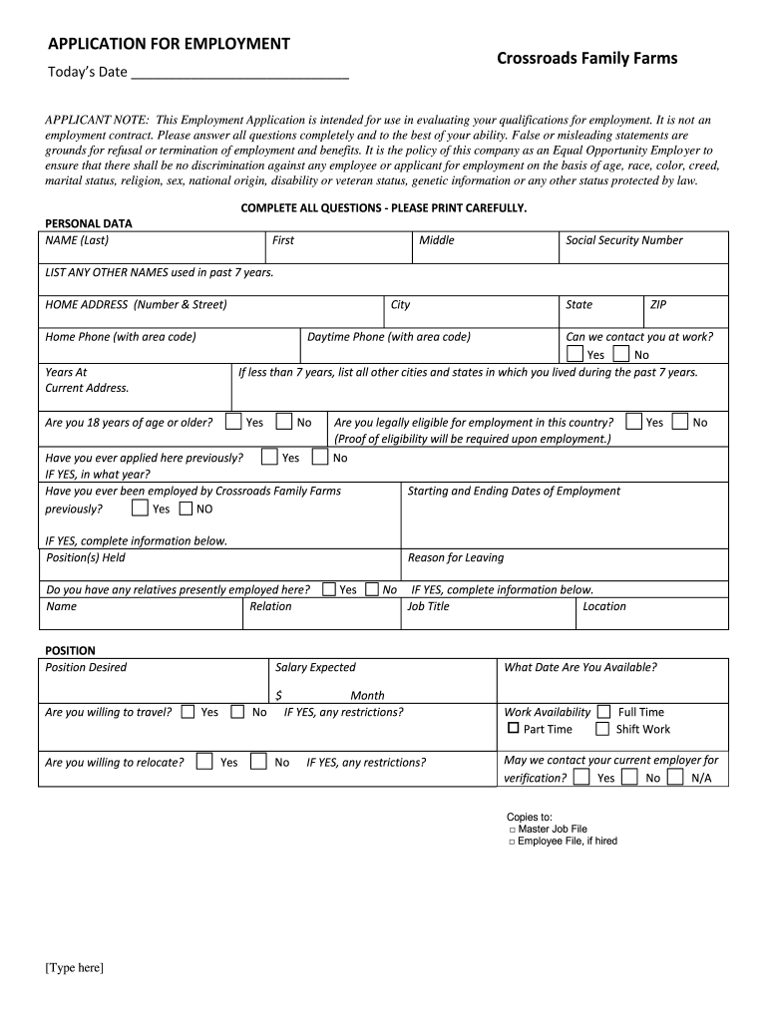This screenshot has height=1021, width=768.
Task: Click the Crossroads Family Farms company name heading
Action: [x=586, y=59]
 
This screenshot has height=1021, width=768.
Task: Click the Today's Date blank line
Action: [x=239, y=73]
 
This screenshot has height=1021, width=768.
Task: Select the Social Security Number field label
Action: [x=623, y=240]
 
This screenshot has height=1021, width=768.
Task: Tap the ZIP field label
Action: [x=658, y=305]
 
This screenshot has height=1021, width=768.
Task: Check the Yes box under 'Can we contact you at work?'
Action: [x=575, y=354]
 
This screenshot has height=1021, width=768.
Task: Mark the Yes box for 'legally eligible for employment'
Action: [x=633, y=422]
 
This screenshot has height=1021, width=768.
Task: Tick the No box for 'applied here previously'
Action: [x=319, y=458]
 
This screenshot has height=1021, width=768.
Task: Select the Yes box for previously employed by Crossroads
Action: [x=140, y=509]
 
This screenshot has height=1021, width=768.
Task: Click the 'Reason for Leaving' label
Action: [x=456, y=558]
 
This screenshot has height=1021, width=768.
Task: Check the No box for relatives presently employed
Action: [x=372, y=589]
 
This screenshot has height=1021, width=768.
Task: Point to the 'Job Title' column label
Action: [x=428, y=606]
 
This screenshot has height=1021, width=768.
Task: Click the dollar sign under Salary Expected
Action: [x=279, y=695]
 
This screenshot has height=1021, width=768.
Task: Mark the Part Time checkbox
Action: [x=514, y=729]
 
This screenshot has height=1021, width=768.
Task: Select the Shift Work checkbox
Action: [x=602, y=729]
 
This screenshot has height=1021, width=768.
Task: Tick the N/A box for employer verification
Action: [x=675, y=777]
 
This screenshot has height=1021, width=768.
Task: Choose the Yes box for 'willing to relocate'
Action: [x=204, y=762]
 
